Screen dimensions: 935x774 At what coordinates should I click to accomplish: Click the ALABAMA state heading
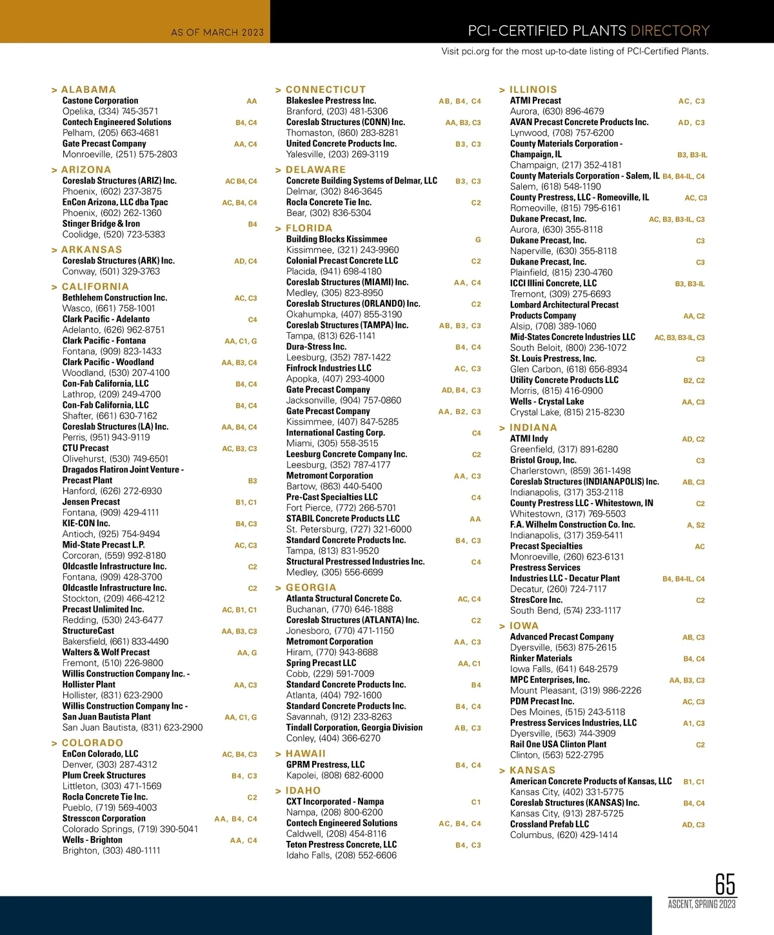point(88,90)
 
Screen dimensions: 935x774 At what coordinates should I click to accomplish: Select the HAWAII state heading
point(305,754)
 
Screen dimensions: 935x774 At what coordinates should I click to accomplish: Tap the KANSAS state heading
point(532,771)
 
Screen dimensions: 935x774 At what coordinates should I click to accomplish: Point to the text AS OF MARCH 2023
point(217,32)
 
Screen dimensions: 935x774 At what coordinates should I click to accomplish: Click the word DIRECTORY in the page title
point(670,31)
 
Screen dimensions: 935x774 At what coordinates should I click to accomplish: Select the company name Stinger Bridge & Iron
point(101,224)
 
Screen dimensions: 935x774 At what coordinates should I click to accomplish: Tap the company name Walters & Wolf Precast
point(106,653)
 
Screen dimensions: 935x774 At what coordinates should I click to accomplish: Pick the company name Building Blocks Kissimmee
point(337,239)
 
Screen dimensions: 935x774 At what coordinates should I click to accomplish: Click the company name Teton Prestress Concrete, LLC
point(341,845)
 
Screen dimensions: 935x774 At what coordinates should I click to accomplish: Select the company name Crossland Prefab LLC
point(550,824)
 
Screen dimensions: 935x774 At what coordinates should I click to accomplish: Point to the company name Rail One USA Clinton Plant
point(559,744)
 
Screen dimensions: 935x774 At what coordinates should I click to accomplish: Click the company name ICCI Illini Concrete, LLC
point(553,283)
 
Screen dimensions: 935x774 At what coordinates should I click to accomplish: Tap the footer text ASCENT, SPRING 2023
point(702,904)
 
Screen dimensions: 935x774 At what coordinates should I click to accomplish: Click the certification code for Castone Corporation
point(252,101)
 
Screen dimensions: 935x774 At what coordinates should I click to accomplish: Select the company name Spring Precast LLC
point(321,663)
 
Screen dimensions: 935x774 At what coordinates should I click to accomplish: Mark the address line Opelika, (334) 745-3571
point(110,112)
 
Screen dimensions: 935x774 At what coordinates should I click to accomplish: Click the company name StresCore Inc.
point(536,600)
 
